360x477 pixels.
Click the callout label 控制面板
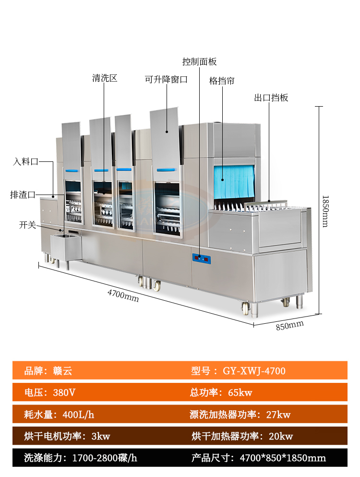[199, 62]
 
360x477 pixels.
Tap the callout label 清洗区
[105, 78]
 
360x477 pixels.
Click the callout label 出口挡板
[271, 98]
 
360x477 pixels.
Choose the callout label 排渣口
[23, 195]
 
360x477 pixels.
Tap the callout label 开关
[27, 224]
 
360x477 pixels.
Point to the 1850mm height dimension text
[325, 210]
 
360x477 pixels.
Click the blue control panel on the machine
[201, 258]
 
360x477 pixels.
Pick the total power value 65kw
[240, 392]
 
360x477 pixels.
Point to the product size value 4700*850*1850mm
[283, 458]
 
